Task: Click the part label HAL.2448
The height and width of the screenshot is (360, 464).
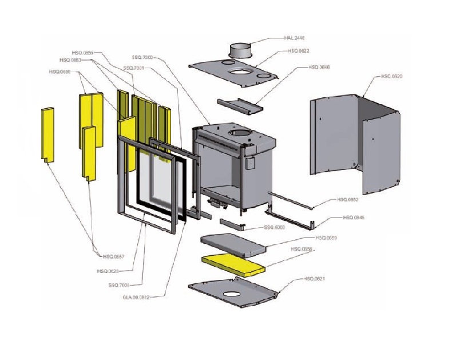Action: point(294,39)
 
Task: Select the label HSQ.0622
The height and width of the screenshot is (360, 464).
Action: point(299,51)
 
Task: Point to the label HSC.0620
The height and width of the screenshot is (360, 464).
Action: point(391,76)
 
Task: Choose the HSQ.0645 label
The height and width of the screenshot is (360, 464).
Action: point(354,217)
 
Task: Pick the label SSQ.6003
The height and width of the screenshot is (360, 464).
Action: point(275,227)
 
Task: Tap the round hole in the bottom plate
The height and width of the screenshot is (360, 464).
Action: point(232,294)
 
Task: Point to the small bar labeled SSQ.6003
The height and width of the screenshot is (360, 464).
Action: point(232,223)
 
